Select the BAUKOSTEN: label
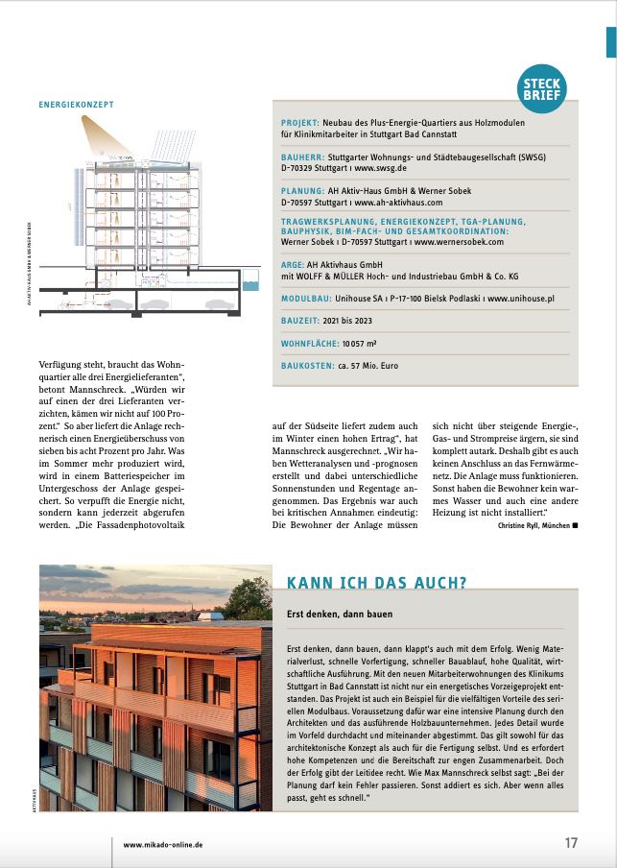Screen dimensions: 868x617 [x=309, y=366]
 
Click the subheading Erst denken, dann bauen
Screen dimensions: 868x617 [x=339, y=613]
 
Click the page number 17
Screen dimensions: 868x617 [x=571, y=843]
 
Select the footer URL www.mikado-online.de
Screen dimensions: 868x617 [x=163, y=845]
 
